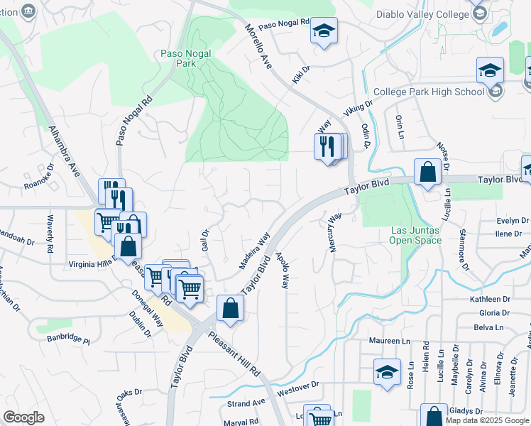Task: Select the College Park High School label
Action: (429, 92)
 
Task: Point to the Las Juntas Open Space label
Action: (416, 235)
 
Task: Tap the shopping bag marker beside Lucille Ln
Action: (427, 172)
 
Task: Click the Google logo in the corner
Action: (24, 417)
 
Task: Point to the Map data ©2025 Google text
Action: (488, 420)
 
